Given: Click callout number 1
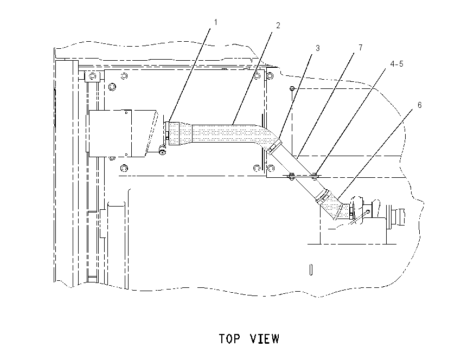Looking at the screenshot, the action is [216, 22].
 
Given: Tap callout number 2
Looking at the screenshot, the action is [278, 25].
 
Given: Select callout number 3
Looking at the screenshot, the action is [317, 48].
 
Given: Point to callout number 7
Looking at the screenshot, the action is [361, 47].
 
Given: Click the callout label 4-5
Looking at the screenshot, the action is [397, 64].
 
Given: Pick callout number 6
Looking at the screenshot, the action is [420, 105].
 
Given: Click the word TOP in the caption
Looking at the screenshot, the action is [229, 338].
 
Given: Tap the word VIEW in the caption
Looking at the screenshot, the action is [265, 338].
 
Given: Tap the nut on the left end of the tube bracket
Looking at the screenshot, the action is [291, 176].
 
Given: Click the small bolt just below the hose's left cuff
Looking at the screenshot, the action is [162, 151].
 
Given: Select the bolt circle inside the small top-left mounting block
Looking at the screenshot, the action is [93, 76].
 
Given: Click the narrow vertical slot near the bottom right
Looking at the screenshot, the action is [311, 269].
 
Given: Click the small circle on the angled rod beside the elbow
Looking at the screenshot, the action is [368, 211].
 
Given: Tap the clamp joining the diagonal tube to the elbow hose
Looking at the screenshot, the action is [323, 196].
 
